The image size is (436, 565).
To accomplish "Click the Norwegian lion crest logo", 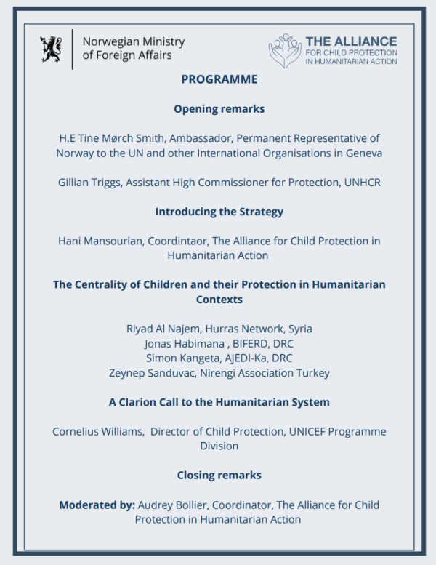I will pos(52,49).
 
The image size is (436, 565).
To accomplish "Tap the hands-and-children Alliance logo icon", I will pos(285,50).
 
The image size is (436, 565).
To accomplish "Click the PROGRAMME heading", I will pos(219,80).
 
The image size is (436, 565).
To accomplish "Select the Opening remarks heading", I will pos(219,109).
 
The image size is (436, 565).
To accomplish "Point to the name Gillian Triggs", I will pos(89,183).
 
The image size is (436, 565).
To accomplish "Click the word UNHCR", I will pos(361,183).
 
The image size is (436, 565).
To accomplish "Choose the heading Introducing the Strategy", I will pos(219,212).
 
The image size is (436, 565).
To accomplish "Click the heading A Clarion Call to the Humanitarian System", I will pos(219,402).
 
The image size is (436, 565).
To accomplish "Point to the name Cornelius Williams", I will pos(97,431).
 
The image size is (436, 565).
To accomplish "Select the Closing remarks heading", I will pos(219,475).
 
